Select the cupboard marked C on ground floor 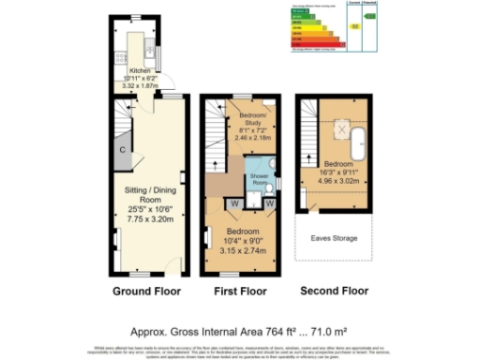point(122,150)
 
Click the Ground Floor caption point(144,292)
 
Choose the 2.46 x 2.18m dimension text point(248,137)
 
